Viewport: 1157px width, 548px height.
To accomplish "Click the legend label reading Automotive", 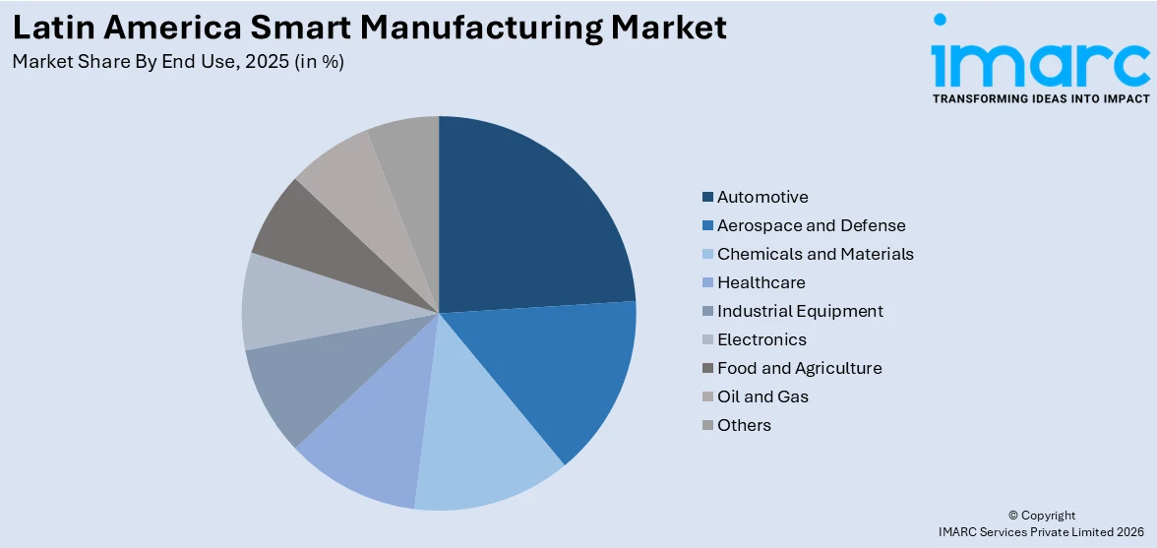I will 762,197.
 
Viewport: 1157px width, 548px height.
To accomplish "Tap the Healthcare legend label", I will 761,282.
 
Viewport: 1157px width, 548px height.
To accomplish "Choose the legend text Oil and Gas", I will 762,396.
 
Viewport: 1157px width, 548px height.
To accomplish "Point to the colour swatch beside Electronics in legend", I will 707,340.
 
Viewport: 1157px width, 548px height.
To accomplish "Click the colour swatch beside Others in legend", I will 707,426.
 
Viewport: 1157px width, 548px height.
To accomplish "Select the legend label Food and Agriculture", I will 799,368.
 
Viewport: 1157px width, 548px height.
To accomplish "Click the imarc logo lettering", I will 1040,64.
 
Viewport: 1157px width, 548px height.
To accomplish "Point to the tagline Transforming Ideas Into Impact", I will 1040,98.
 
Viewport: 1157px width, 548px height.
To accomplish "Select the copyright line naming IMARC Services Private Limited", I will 1042,532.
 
